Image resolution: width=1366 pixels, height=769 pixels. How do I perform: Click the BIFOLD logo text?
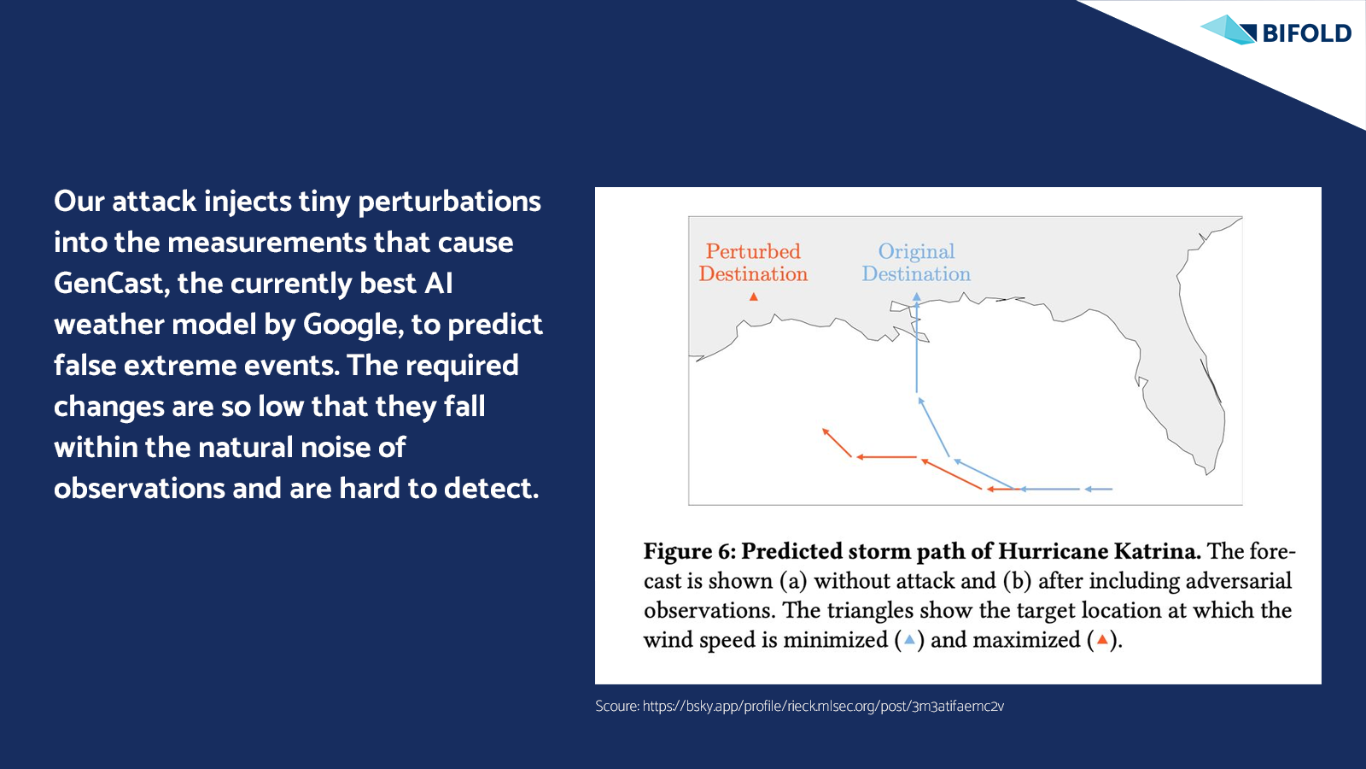[x=1307, y=33]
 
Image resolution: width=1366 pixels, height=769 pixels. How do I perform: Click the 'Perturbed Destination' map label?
[x=753, y=262]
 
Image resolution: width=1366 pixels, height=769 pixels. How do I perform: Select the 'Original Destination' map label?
[x=916, y=262]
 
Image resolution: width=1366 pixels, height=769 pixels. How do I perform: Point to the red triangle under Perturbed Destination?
[x=754, y=296]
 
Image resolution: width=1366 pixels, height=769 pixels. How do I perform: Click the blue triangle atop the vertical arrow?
[x=917, y=296]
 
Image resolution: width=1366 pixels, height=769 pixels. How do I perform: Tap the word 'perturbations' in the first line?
[x=449, y=202]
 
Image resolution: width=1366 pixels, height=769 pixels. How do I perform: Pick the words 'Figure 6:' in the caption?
[x=690, y=551]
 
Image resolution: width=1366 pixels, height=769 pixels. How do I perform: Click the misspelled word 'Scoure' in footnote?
[x=616, y=706]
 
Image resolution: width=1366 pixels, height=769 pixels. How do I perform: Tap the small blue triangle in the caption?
[x=909, y=640]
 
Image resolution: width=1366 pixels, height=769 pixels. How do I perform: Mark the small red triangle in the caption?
[x=1102, y=640]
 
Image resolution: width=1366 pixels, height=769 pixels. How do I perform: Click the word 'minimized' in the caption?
[x=835, y=640]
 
